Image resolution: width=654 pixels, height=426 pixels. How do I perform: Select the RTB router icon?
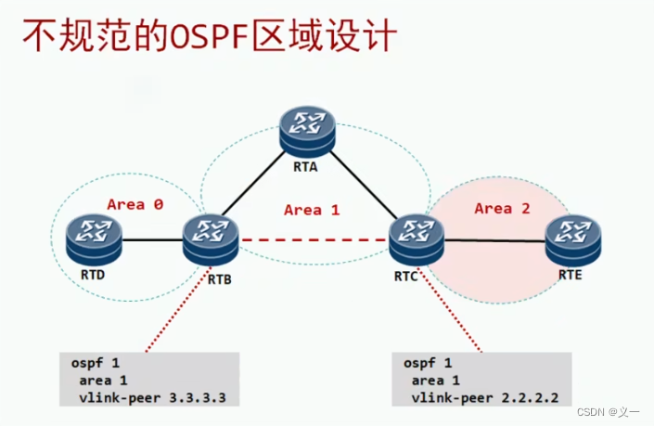tap(211, 239)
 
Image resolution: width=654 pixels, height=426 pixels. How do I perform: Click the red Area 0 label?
tap(135, 204)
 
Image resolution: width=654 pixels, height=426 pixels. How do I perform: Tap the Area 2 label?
tap(502, 208)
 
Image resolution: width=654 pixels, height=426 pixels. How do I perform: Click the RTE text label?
tap(571, 275)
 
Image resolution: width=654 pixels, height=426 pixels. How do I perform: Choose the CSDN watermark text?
tap(602, 412)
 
